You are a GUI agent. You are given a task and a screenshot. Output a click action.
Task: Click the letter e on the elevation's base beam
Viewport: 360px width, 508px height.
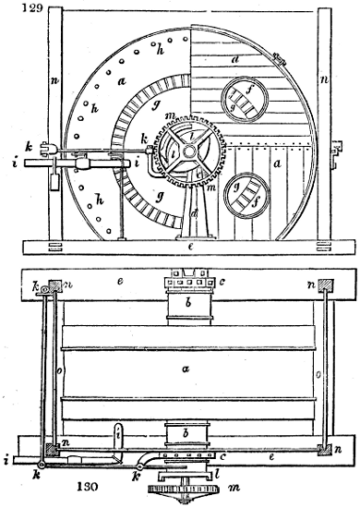click(189, 249)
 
